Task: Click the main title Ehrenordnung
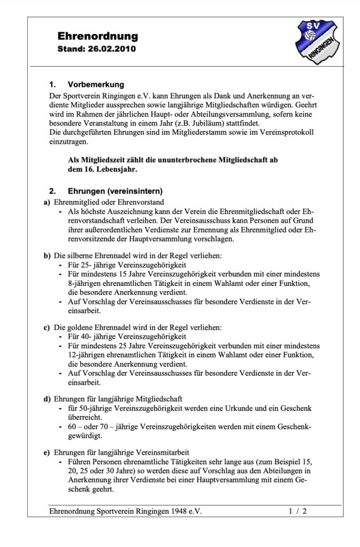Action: pyautogui.click(x=97, y=36)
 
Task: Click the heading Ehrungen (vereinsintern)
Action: pyautogui.click(x=115, y=191)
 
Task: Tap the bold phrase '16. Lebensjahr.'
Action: pyautogui.click(x=104, y=169)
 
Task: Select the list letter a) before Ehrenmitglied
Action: pyautogui.click(x=46, y=202)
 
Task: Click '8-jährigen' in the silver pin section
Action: pyautogui.click(x=86, y=283)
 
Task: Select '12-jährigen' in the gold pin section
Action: pyautogui.click(x=88, y=355)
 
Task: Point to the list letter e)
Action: pyautogui.click(x=46, y=452)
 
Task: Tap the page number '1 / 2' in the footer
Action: pyautogui.click(x=298, y=511)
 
